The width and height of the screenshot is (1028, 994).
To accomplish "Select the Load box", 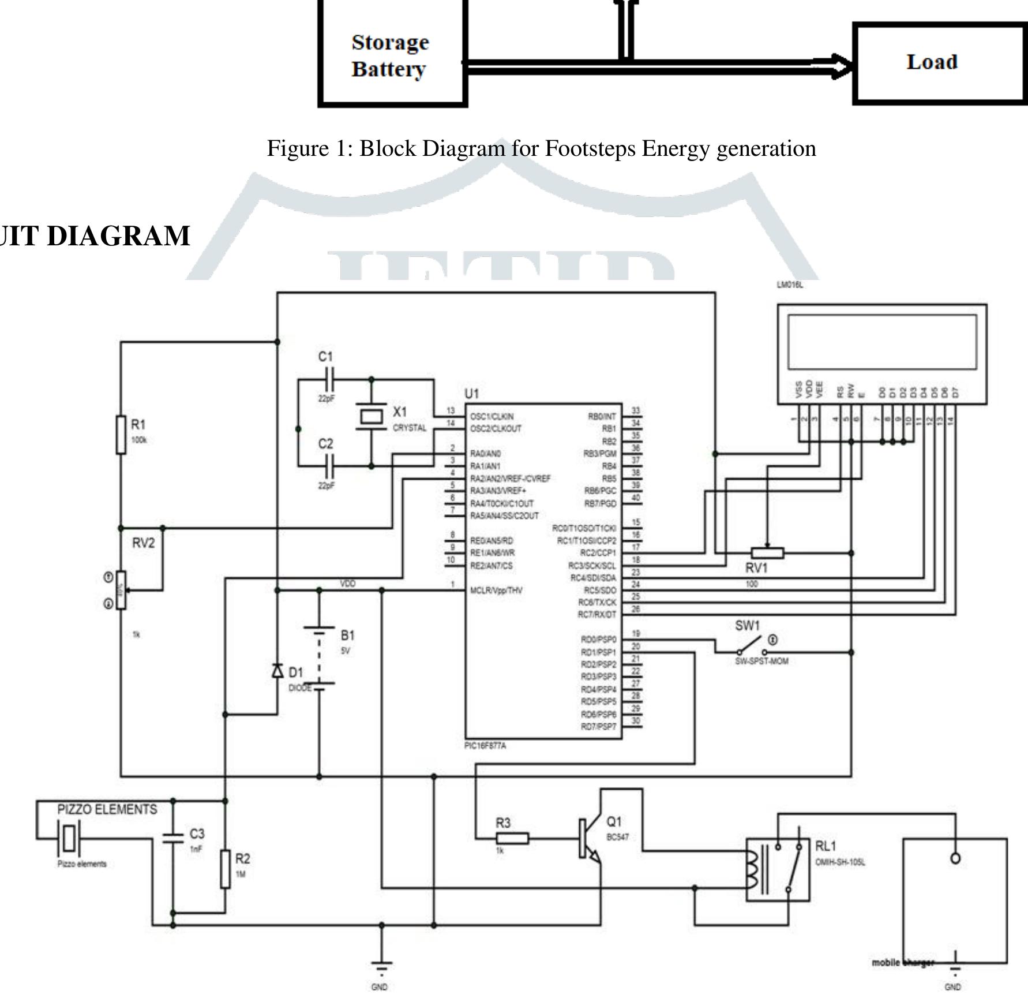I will coord(939,62).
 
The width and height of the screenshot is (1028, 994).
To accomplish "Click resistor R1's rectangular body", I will coord(121,434).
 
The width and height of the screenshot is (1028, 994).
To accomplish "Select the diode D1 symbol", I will coord(277,671).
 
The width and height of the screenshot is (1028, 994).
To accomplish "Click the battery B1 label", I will coord(347,636).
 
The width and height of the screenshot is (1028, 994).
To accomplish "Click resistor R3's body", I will coord(512,838).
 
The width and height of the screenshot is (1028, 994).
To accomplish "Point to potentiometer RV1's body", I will coord(767,553).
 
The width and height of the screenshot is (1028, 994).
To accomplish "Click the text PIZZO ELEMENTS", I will coord(107,809).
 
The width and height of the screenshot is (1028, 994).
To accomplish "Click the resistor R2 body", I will coord(226,869).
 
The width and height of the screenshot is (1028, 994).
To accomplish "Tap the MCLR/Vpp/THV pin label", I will coord(496,591).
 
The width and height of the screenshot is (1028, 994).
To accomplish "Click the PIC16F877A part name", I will coord(485,746).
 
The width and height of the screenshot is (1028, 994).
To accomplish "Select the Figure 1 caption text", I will coord(541,149).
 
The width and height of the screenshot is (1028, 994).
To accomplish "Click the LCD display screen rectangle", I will coord(882,342).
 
